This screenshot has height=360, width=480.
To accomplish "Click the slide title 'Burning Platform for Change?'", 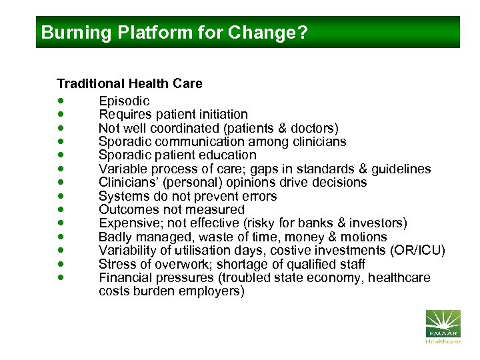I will click(x=175, y=33).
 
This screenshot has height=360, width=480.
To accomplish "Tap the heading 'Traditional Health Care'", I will click(x=129, y=84).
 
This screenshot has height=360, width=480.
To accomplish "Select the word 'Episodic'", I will click(x=124, y=101).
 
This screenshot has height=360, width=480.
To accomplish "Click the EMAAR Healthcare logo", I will click(x=443, y=326).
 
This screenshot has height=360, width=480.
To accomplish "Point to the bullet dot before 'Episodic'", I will click(x=61, y=101).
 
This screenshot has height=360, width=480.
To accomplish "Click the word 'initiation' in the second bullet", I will click(x=221, y=115).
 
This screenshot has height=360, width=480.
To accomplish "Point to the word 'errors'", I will click(x=257, y=196).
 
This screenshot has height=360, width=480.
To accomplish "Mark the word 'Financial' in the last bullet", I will click(x=126, y=277).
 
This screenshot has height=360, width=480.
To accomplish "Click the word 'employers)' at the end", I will click(x=213, y=291).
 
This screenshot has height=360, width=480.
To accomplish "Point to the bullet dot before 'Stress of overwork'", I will click(x=61, y=264).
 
